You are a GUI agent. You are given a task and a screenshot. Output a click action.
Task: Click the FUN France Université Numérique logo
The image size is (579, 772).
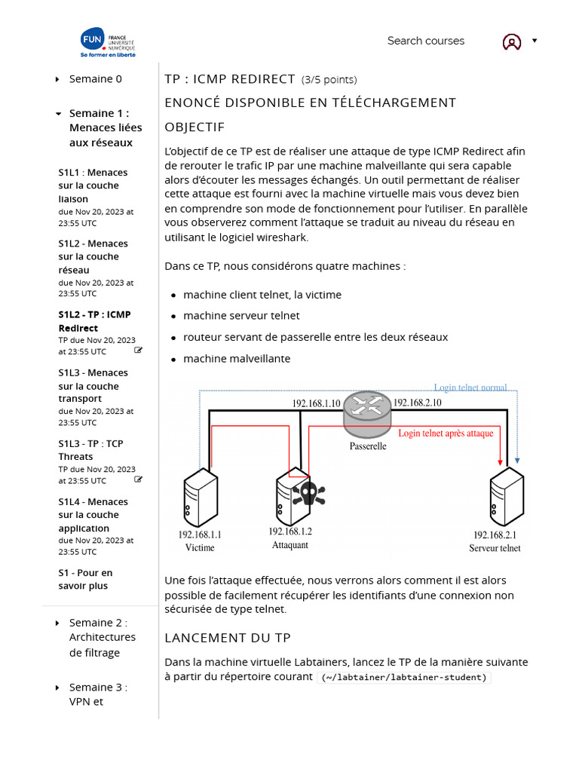(x=108, y=43)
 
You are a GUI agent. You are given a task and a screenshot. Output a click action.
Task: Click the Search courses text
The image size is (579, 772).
(x=425, y=41)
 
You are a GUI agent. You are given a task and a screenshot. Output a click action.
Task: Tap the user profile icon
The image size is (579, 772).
(x=512, y=42)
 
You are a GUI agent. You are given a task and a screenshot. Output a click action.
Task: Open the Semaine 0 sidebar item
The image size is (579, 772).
(x=95, y=79)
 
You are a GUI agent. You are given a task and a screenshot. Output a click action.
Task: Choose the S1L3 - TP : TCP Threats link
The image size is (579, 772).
(x=90, y=450)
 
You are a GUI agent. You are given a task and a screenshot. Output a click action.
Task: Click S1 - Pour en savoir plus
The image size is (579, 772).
(x=85, y=579)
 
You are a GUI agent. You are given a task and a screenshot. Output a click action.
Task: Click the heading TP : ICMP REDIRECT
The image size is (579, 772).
(x=230, y=79)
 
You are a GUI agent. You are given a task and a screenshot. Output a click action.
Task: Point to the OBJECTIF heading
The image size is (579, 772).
(x=195, y=127)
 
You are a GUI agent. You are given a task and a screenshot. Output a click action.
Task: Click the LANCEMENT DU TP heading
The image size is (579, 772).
(x=228, y=638)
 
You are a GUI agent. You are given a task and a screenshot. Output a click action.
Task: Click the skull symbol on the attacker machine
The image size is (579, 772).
(x=308, y=494)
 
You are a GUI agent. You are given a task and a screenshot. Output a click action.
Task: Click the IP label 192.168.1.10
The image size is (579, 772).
(x=317, y=403)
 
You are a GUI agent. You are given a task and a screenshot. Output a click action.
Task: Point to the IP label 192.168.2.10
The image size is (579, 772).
(x=418, y=403)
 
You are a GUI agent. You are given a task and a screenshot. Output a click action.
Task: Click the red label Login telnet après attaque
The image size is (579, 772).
(x=446, y=433)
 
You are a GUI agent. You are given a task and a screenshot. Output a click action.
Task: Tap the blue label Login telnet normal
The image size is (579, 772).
(x=470, y=388)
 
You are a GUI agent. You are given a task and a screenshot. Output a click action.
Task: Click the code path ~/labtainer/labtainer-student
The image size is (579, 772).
(x=405, y=677)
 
